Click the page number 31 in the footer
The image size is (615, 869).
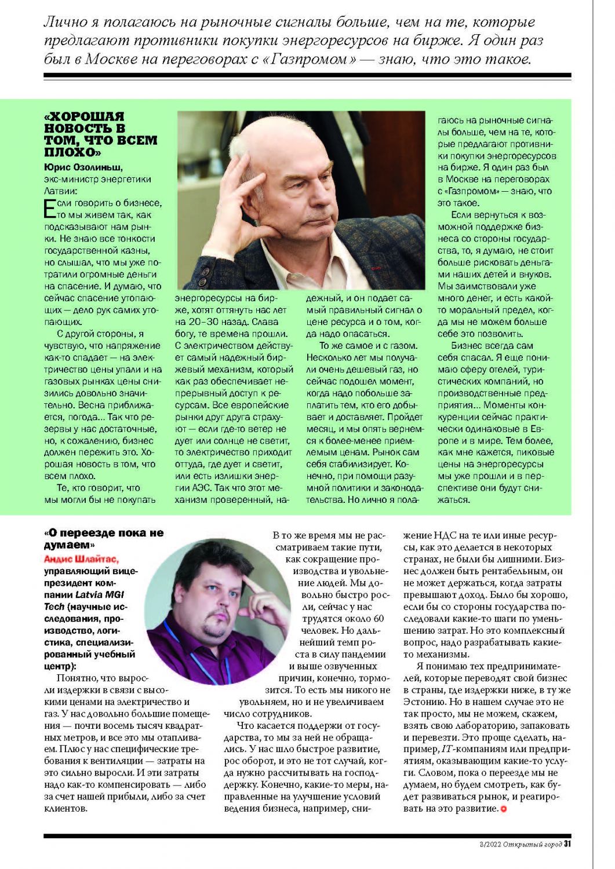click(568, 844)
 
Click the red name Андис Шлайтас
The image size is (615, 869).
click(81, 559)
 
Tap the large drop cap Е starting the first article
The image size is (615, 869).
click(50, 209)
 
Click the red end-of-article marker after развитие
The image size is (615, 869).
click(504, 809)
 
